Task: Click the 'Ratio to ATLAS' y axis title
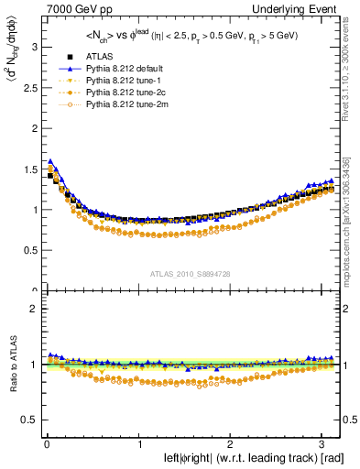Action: click(10, 366)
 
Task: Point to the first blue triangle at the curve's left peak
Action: click(50, 160)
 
